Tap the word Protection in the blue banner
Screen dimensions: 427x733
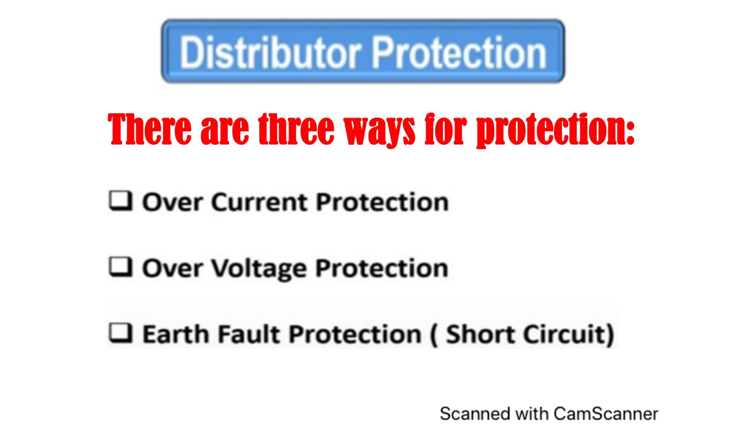(x=459, y=52)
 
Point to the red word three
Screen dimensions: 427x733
(x=294, y=130)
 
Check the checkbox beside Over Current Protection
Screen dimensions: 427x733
(x=120, y=201)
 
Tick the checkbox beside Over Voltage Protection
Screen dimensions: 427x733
(x=120, y=267)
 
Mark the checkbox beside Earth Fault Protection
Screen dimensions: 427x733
(x=120, y=333)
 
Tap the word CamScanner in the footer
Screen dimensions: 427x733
(x=606, y=414)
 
